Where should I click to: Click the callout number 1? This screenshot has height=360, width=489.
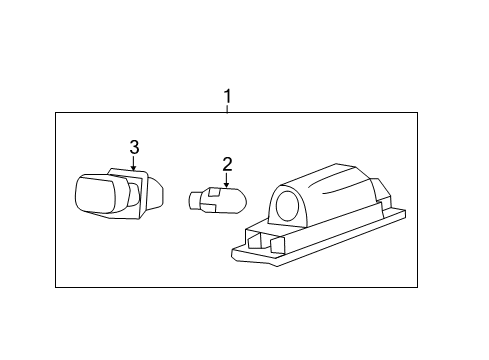click(227, 97)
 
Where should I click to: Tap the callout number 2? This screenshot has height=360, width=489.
click(227, 164)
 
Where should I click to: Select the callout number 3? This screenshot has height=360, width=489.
click(135, 148)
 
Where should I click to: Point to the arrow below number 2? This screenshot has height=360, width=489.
click(227, 180)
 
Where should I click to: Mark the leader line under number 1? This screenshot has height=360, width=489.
click(227, 109)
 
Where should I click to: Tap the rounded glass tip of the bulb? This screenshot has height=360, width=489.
click(233, 199)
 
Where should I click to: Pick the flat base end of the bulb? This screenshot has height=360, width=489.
click(192, 200)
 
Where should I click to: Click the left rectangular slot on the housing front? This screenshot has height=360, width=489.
click(257, 239)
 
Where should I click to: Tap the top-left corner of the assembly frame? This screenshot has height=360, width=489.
click(56, 113)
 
